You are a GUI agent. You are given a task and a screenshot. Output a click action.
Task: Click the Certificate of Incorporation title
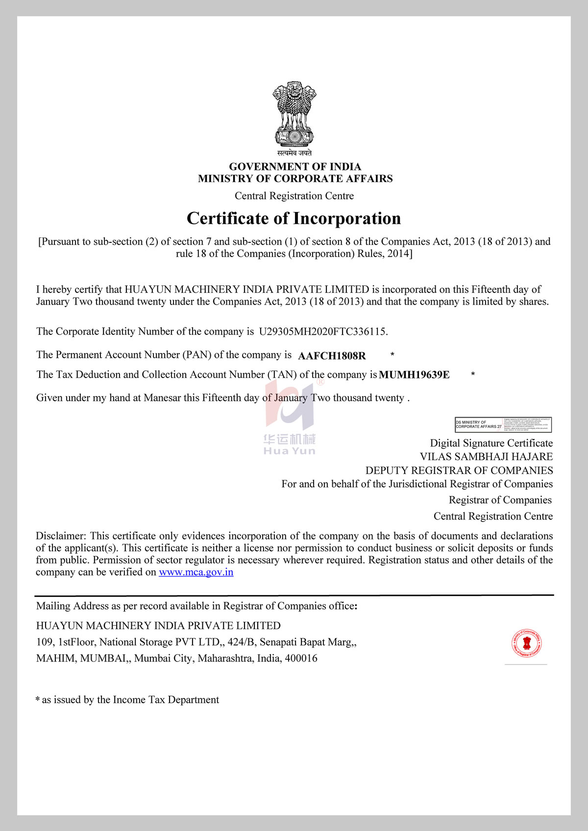click(294, 218)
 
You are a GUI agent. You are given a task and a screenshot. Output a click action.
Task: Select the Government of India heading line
click(295, 166)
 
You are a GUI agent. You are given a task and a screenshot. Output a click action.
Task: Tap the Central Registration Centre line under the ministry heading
click(294, 196)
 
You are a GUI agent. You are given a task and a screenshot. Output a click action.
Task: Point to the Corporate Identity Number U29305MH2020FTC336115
click(322, 332)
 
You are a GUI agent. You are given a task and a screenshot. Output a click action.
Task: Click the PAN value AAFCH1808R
click(332, 356)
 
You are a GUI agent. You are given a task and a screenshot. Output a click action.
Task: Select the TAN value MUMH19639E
click(414, 375)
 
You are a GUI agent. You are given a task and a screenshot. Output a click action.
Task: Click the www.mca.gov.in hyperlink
click(196, 572)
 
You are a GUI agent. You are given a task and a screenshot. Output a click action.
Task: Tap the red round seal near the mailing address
click(526, 643)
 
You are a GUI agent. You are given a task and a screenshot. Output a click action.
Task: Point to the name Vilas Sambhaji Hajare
click(486, 456)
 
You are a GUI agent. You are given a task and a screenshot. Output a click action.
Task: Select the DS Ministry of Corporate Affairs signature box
click(503, 425)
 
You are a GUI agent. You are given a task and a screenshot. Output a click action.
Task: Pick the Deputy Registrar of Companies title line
click(459, 470)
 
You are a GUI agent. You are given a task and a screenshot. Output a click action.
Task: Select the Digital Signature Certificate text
click(491, 443)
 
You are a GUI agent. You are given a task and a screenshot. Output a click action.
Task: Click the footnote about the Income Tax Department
click(127, 700)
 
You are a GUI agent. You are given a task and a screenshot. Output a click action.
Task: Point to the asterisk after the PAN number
click(392, 354)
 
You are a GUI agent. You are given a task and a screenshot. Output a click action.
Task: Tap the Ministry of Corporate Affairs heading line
click(295, 179)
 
